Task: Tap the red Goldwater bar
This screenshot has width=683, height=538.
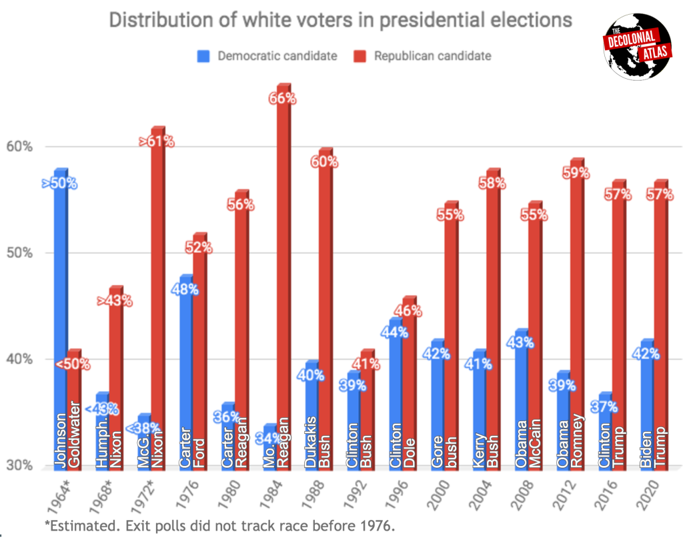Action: (x=75, y=414)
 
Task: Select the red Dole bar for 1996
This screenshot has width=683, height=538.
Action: (x=409, y=387)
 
